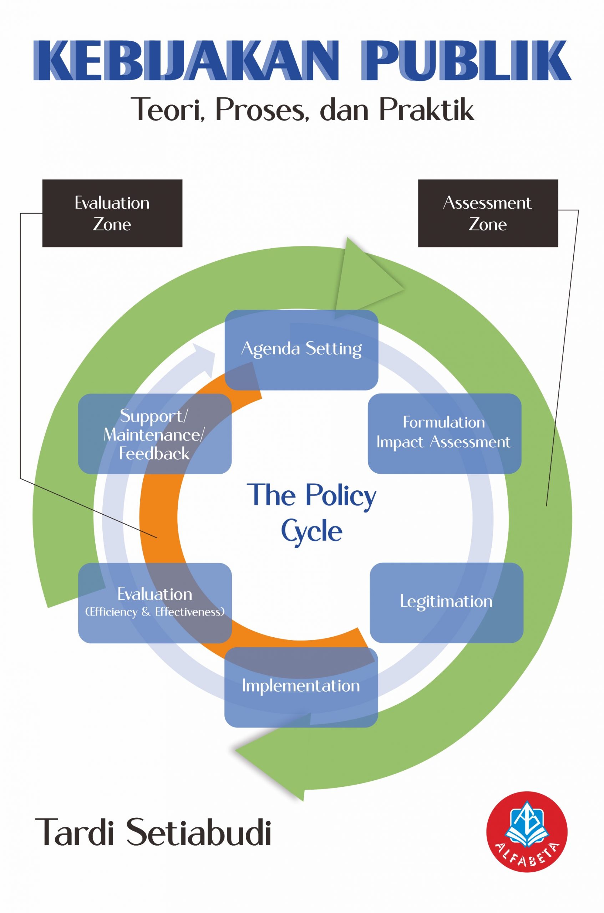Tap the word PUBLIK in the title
click(x=466, y=61)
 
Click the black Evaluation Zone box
click(x=112, y=213)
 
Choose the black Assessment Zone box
click(x=488, y=213)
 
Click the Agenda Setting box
click(x=301, y=350)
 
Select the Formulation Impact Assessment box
click(x=444, y=433)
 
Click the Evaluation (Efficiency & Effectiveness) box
click(x=155, y=603)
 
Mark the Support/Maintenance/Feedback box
click(x=154, y=434)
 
